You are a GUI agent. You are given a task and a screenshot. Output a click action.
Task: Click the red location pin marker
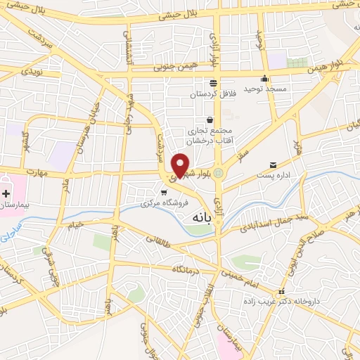click(181, 164)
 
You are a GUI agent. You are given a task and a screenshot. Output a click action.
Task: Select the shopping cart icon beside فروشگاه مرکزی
click(164, 192)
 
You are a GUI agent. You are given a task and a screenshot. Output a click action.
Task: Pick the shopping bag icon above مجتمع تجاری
click(209, 120)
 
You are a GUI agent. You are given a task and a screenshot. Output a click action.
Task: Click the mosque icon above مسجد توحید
click(264, 78)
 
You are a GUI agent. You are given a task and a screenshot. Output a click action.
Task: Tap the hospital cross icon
click(6, 193)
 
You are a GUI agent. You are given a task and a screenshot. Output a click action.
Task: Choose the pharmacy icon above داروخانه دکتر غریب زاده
click(281, 291)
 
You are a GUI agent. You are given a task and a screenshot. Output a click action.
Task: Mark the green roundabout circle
click(219, 173)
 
